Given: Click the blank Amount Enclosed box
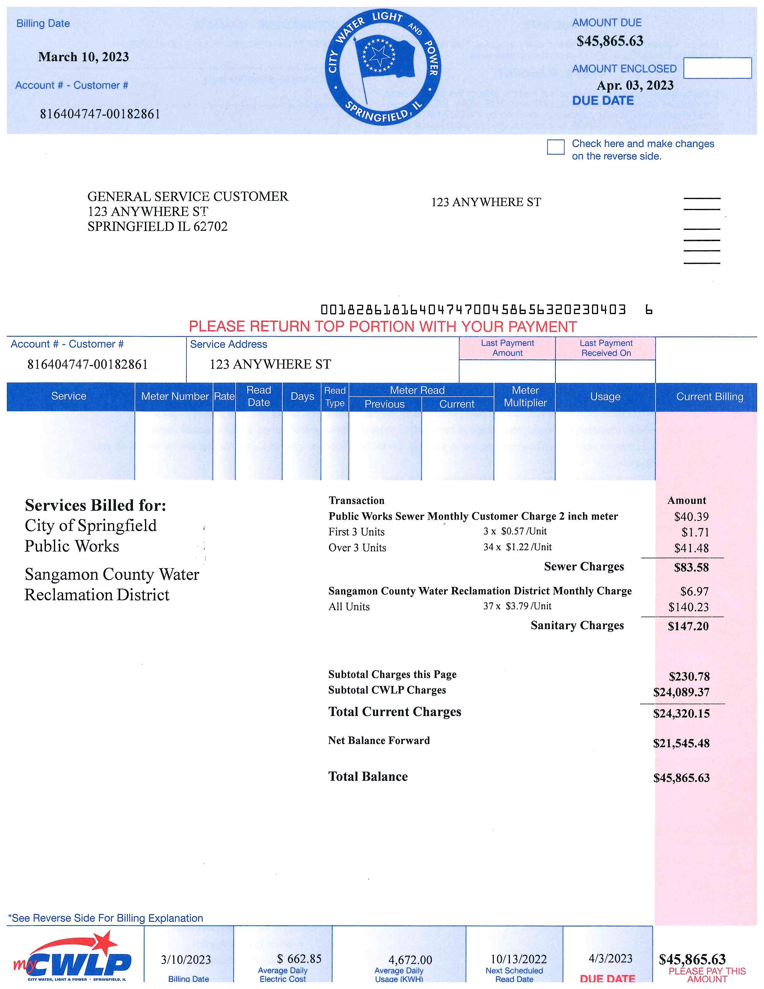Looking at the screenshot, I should click(717, 68).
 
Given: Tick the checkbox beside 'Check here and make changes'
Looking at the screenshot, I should click(555, 147).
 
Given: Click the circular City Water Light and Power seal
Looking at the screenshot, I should click(383, 67).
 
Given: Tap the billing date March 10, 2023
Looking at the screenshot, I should click(84, 57).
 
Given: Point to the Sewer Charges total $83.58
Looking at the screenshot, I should click(691, 567).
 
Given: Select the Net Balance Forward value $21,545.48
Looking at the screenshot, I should click(681, 743).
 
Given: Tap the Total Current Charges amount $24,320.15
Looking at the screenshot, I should click(681, 714).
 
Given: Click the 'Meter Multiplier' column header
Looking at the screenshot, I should click(525, 397).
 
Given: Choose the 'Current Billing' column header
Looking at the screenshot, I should click(709, 397).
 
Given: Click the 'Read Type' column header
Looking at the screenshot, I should click(335, 397).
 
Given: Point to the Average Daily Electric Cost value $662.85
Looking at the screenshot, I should click(299, 959).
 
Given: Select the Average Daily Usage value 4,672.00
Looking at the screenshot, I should click(410, 960).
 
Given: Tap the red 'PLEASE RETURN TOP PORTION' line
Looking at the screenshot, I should click(383, 326).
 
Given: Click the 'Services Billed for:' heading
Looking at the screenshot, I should click(96, 505).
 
